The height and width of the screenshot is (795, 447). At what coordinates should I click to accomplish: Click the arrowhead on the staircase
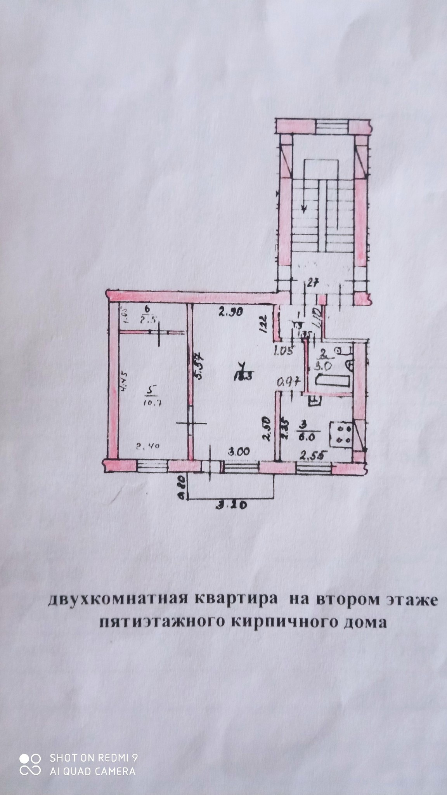(x=305, y=209)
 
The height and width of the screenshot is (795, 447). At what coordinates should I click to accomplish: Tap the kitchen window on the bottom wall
(x=314, y=469)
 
